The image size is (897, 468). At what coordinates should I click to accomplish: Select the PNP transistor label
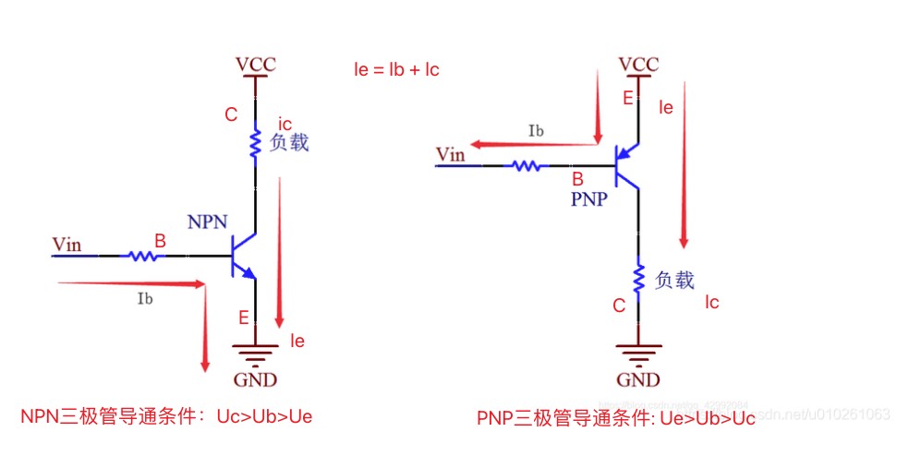(x=588, y=198)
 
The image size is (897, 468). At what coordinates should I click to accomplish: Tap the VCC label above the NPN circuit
(x=255, y=66)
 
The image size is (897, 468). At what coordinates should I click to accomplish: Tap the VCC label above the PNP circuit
(x=638, y=65)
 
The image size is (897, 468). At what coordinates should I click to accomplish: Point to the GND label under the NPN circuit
(x=255, y=379)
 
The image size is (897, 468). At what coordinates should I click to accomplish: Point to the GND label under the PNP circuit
(x=638, y=380)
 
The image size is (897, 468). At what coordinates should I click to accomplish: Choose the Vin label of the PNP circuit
(x=451, y=154)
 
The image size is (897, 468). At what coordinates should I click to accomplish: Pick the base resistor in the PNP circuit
(x=527, y=166)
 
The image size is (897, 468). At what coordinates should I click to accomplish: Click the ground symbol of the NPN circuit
(x=255, y=354)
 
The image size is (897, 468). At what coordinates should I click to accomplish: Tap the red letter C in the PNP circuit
(x=619, y=306)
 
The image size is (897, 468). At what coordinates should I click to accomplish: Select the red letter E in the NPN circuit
(x=244, y=318)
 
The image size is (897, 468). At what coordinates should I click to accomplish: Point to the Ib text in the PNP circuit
(x=536, y=131)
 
